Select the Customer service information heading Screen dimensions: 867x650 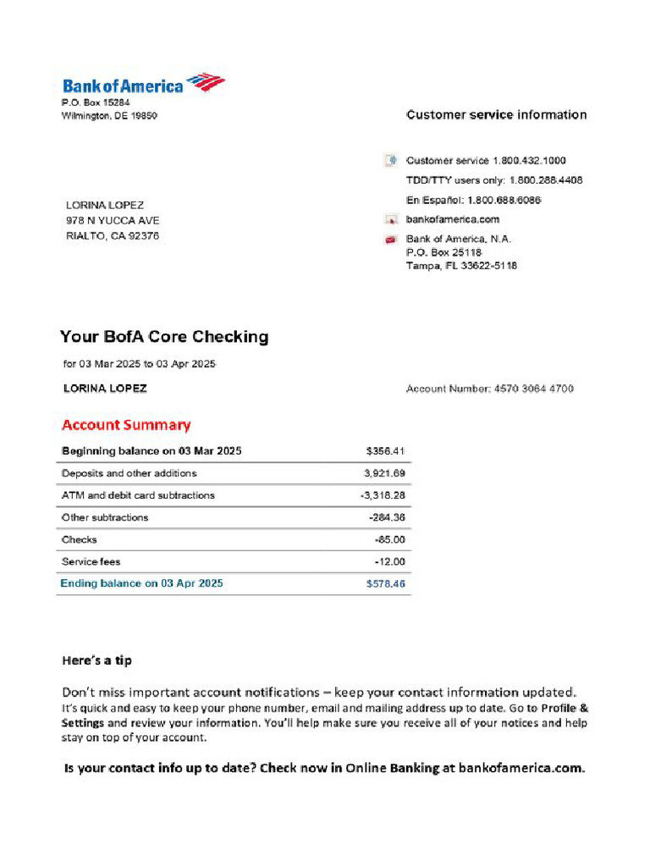496,115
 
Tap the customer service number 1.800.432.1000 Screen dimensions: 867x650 529,160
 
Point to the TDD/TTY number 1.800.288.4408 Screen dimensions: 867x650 545,180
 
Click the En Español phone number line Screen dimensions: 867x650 473,200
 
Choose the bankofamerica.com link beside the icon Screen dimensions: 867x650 453,219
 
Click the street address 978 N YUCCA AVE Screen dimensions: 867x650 113,220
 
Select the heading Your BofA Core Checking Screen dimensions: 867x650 164,337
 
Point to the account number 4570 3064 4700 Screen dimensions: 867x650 532,389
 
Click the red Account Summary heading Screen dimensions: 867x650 126,425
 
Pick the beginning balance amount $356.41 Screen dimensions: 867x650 385,451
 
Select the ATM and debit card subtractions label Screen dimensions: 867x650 138,495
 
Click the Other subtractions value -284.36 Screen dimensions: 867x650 387,517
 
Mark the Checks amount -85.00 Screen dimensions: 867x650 389,539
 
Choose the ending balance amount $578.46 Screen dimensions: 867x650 385,583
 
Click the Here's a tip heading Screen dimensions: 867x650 96,660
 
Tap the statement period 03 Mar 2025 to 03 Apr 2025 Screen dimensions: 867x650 140,364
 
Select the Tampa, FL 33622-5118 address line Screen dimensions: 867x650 461,266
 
